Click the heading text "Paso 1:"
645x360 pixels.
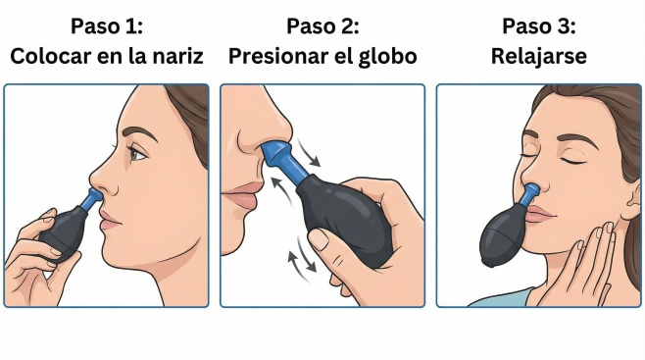[107, 26]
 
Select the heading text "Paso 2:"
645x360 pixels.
[322, 26]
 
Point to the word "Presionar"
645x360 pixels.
[277, 56]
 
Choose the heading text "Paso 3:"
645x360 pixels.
[538, 26]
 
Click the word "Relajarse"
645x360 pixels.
[539, 57]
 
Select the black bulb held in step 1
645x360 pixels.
[63, 230]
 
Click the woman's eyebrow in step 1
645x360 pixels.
[139, 132]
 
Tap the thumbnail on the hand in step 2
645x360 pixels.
[318, 238]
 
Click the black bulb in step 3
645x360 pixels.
[503, 235]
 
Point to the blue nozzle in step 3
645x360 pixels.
[529, 194]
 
